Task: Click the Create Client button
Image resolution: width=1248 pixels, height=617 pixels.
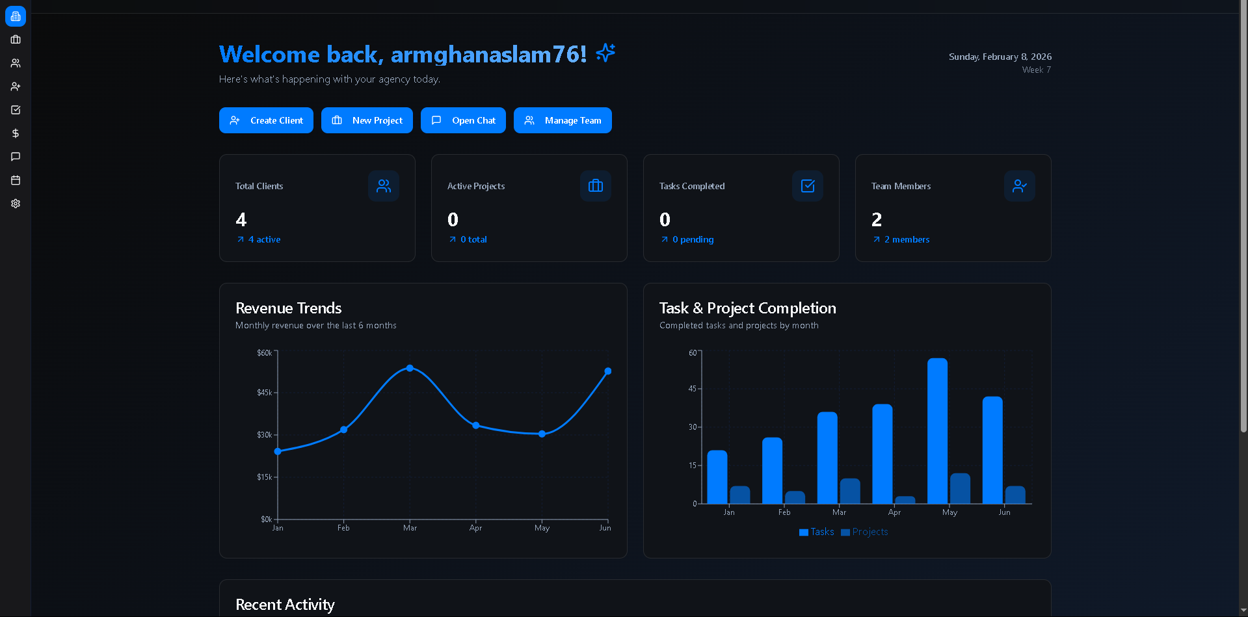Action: pyautogui.click(x=266, y=120)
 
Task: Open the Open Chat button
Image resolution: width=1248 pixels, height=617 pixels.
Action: pyautogui.click(x=463, y=120)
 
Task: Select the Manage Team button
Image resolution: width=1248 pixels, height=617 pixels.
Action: pyautogui.click(x=563, y=120)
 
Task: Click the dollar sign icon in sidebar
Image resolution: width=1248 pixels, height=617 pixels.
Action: pyautogui.click(x=16, y=133)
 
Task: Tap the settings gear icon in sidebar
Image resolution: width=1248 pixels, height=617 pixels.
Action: pyautogui.click(x=16, y=203)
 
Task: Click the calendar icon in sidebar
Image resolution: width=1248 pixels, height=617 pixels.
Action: pyautogui.click(x=16, y=180)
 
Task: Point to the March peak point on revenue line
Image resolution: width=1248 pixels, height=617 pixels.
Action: pyautogui.click(x=410, y=368)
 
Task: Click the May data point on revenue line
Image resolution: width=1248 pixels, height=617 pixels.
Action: pyautogui.click(x=542, y=434)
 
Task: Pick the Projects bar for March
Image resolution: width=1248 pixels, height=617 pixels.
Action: pyautogui.click(x=850, y=491)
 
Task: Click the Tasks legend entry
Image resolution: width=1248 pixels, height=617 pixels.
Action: pyautogui.click(x=817, y=532)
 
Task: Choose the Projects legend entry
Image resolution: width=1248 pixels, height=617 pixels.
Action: pyautogui.click(x=864, y=532)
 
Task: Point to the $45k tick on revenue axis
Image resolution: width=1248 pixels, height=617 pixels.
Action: pyautogui.click(x=265, y=393)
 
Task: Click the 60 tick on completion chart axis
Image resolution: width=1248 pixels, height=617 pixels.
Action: pyautogui.click(x=693, y=353)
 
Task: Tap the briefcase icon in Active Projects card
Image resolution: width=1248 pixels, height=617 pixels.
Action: pyautogui.click(x=596, y=186)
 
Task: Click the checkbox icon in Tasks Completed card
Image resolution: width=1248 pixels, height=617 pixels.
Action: pyautogui.click(x=808, y=186)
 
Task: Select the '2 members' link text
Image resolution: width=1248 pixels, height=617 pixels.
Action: pyautogui.click(x=907, y=239)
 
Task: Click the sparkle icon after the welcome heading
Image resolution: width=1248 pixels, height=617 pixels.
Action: pyautogui.click(x=605, y=53)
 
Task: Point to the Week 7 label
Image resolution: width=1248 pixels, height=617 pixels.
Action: pyautogui.click(x=1036, y=70)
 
